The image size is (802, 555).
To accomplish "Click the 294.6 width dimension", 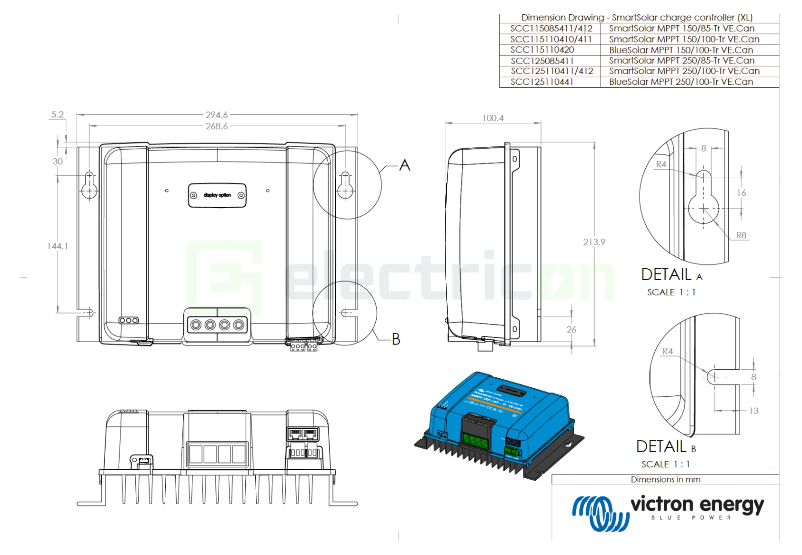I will (217, 115).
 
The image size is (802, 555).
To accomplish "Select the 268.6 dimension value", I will (217, 126).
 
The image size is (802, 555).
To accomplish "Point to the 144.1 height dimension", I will (58, 246).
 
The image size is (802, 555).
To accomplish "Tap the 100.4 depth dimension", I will (492, 118).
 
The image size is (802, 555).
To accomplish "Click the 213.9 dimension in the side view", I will (594, 242).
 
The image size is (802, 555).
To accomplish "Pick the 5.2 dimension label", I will (57, 114).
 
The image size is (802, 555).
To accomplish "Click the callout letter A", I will (404, 165).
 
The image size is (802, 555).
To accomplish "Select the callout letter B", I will (396, 339).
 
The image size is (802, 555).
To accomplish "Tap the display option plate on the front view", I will (217, 195).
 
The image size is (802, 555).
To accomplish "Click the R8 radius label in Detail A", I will (741, 235).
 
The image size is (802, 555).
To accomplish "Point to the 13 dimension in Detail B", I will (753, 411).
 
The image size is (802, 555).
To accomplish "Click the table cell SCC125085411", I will (542, 61).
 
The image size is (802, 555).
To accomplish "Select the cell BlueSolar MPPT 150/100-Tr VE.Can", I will (681, 50).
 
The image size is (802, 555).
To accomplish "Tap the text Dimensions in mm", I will (665, 480).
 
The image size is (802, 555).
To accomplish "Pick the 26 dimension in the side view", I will (571, 329).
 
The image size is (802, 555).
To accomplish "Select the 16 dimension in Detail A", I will (741, 192).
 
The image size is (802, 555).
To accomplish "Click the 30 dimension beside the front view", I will (58, 161).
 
